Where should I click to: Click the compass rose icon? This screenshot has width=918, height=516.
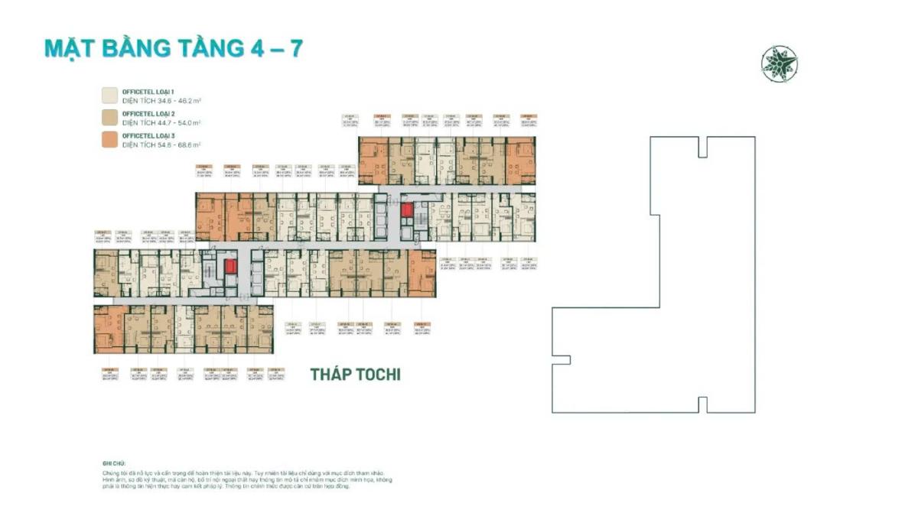(x=780, y=64)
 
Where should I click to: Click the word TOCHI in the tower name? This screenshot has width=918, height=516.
(x=374, y=375)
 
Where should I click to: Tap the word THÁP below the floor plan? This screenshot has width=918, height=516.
(x=327, y=375)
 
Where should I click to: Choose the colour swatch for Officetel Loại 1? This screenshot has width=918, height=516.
(x=109, y=95)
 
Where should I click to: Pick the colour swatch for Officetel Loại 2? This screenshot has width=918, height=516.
(x=109, y=117)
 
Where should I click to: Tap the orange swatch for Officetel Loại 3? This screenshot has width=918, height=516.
(x=109, y=139)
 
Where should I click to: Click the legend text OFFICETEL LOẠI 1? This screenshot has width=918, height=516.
(x=153, y=91)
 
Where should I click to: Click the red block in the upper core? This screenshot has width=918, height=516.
(x=406, y=209)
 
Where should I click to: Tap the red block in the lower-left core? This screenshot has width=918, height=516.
(x=230, y=266)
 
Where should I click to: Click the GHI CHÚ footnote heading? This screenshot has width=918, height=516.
(x=112, y=463)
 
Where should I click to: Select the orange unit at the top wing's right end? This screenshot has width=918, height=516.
(x=521, y=161)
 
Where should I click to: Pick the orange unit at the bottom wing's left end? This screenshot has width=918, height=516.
(x=109, y=329)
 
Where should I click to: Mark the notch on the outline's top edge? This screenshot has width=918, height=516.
(x=702, y=147)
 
